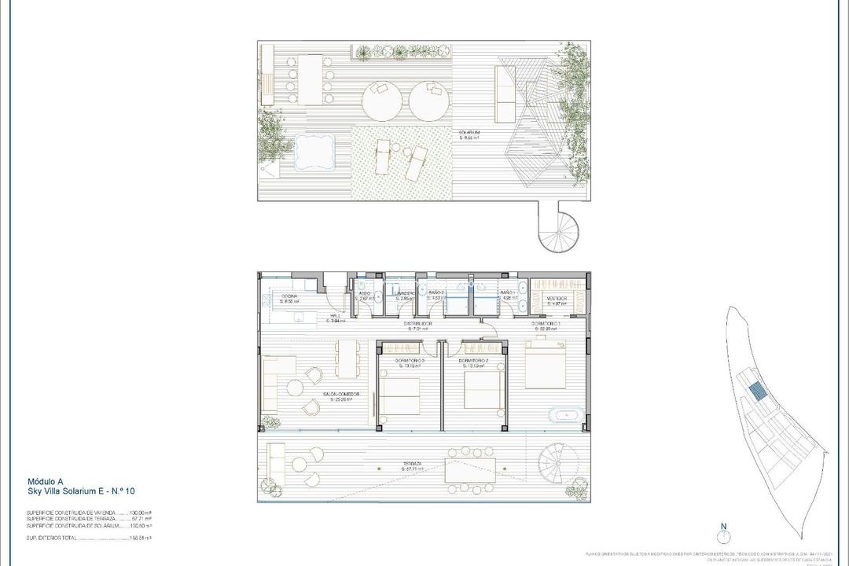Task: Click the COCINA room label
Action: pos(289,296)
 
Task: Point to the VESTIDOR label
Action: pos(559,300)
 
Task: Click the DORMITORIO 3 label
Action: pos(411,361)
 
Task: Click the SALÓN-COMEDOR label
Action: pos(340,395)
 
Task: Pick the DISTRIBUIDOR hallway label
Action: pos(418,324)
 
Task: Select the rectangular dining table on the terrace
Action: pos(470,470)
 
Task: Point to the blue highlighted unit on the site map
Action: pos(755,391)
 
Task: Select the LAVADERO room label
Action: pos(405,294)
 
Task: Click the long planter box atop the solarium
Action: pos(403,53)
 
